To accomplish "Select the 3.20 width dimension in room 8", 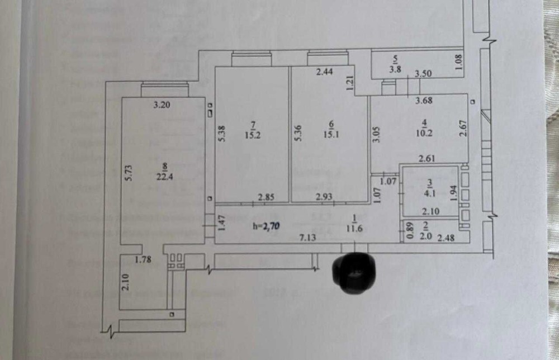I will click(x=162, y=104).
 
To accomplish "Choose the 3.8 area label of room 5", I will click(x=396, y=70).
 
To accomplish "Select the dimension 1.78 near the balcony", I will click(x=144, y=259).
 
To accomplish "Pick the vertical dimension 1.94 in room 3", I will click(x=454, y=193).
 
